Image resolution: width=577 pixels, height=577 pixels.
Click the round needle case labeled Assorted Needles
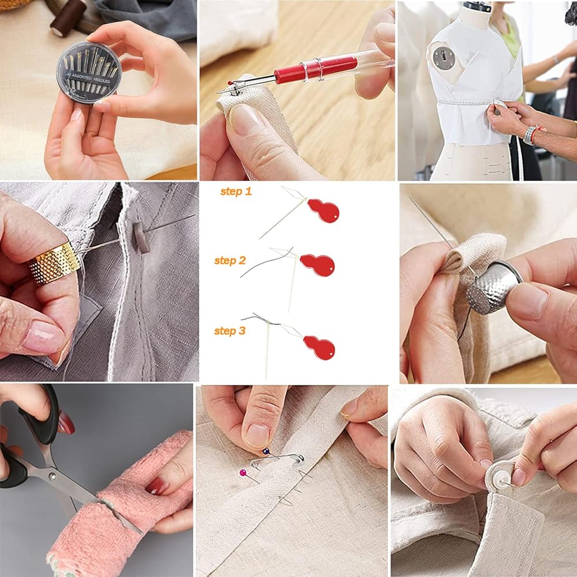(x=89, y=72)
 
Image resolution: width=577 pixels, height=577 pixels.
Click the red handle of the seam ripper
(x=316, y=69)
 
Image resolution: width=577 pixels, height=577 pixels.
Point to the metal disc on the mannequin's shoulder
(x=444, y=58)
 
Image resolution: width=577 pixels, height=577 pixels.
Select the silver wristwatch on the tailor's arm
(x=529, y=135)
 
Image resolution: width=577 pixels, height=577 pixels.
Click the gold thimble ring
(x=54, y=263)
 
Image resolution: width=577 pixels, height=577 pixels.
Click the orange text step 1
(x=236, y=192)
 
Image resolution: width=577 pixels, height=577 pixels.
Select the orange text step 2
(x=230, y=261)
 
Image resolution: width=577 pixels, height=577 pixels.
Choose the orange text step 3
(x=230, y=331)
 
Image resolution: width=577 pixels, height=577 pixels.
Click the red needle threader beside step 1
(x=323, y=211)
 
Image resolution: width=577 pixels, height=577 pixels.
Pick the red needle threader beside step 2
(x=317, y=265)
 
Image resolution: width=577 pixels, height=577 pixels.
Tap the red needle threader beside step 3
(x=319, y=348)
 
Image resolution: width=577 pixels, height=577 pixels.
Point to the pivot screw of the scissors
(x=53, y=476)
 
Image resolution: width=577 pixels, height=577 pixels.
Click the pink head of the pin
(x=243, y=473)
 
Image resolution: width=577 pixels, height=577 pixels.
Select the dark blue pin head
(x=265, y=451)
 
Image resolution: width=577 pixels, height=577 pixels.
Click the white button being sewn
(x=500, y=479)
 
